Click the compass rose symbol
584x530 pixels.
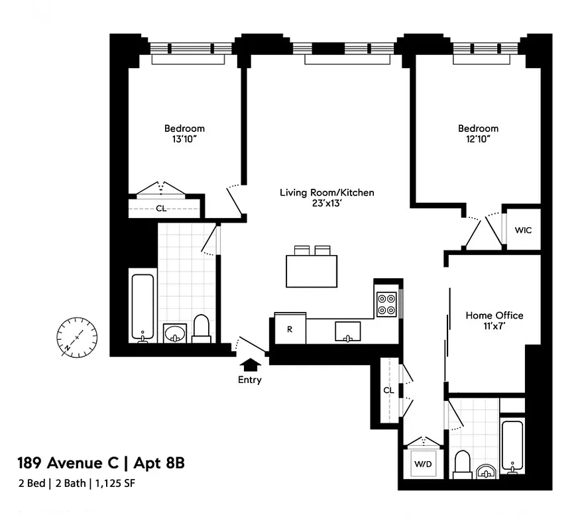pyautogui.click(x=77, y=337)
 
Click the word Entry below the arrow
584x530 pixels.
pyautogui.click(x=250, y=380)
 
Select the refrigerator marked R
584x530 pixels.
pyautogui.click(x=290, y=328)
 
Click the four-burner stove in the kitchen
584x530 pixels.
pyautogui.click(x=386, y=304)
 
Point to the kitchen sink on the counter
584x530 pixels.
pyautogui.click(x=348, y=330)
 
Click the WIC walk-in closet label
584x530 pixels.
pyautogui.click(x=523, y=230)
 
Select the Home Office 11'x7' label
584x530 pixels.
pyautogui.click(x=494, y=321)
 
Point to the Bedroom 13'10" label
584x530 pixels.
pyautogui.click(x=184, y=134)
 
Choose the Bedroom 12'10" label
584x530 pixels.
pyautogui.click(x=478, y=134)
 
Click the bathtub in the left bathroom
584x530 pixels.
pyautogui.click(x=142, y=307)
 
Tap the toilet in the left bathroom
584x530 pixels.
pyautogui.click(x=201, y=329)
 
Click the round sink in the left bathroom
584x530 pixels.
pyautogui.click(x=175, y=332)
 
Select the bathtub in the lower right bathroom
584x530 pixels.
pyautogui.click(x=512, y=446)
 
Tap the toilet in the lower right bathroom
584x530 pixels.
pyautogui.click(x=461, y=464)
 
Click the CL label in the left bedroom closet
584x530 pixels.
pyautogui.click(x=161, y=208)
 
